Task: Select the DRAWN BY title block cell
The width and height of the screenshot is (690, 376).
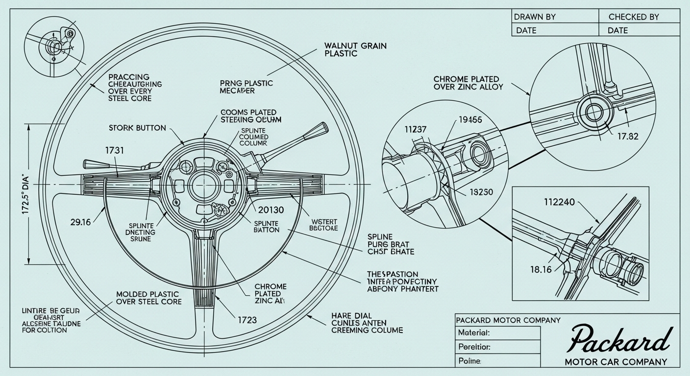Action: [x=535, y=17]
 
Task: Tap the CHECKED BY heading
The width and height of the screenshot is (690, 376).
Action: [x=634, y=17]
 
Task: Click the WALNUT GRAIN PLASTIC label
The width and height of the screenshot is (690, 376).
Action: [x=355, y=49]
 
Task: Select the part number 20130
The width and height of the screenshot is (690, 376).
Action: [x=270, y=211]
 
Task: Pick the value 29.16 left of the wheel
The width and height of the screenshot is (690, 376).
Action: [x=80, y=222]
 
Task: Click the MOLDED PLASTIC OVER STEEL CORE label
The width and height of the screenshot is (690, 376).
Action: [x=148, y=298]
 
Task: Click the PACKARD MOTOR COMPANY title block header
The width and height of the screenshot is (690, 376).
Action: [x=508, y=320]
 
